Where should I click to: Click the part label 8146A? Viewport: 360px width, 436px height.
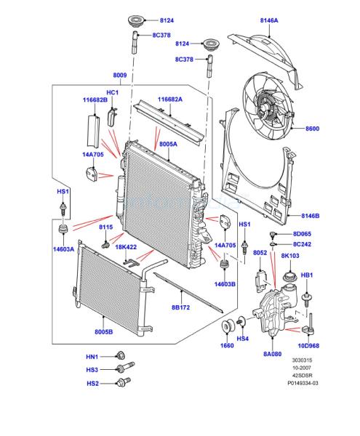(x=269, y=20)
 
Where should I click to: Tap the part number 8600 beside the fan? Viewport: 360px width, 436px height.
(x=312, y=129)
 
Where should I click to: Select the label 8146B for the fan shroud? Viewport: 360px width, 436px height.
(x=311, y=216)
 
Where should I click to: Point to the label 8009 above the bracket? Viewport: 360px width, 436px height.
(x=120, y=75)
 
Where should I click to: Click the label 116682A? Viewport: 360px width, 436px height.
(x=170, y=100)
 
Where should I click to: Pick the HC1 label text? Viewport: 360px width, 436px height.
(x=113, y=92)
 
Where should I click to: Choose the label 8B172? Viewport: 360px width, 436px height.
(x=180, y=307)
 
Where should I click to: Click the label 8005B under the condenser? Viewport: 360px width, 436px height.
(x=104, y=332)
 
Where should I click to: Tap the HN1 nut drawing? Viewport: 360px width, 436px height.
(x=120, y=355)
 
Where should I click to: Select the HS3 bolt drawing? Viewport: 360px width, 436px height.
(x=126, y=367)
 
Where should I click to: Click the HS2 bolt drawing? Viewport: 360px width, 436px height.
(x=124, y=382)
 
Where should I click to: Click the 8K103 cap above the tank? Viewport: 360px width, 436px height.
(x=289, y=276)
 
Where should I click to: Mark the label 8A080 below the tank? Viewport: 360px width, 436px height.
(x=273, y=354)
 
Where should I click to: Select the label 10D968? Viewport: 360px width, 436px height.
(x=308, y=346)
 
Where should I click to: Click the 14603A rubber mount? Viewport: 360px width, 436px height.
(x=63, y=230)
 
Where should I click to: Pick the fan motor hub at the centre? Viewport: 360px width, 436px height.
(x=264, y=107)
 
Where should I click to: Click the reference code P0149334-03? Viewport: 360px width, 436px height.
(x=303, y=383)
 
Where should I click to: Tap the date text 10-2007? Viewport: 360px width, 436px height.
(x=302, y=368)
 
